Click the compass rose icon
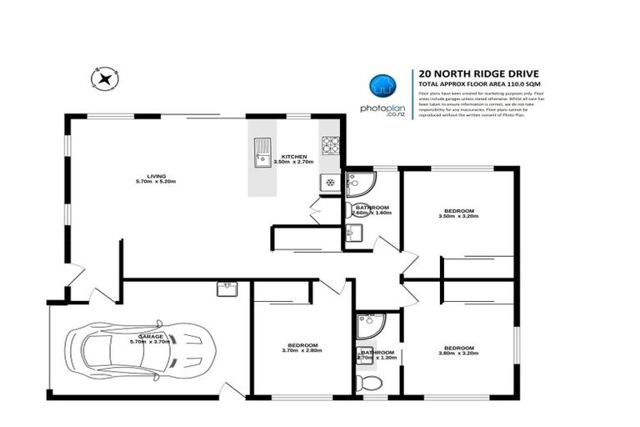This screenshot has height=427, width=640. [104, 79]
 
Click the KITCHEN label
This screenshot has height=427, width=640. [294, 157]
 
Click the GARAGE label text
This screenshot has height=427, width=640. [150, 336]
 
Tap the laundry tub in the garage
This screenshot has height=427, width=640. [226, 289]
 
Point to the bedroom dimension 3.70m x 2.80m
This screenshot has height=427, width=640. [302, 351]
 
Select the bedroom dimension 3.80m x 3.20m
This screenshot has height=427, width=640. [459, 354]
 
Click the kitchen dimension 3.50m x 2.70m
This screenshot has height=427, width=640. [294, 163]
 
